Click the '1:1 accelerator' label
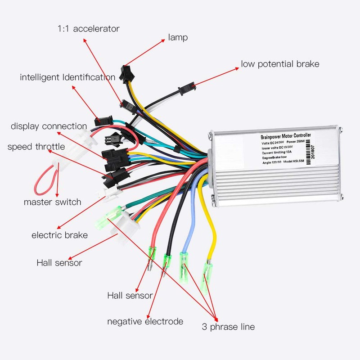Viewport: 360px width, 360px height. pyautogui.click(x=88, y=29)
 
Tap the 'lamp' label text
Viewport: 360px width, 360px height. pyautogui.click(x=178, y=37)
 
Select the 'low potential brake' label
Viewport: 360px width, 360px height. pyautogui.click(x=280, y=64)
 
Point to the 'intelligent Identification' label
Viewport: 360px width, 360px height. pyautogui.click(x=67, y=77)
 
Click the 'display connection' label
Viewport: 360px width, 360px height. pyautogui.click(x=49, y=126)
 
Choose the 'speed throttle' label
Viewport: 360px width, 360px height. pyautogui.click(x=36, y=147)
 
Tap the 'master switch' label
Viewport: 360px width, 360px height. pyautogui.click(x=52, y=202)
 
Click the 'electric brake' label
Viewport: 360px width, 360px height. pyautogui.click(x=59, y=235)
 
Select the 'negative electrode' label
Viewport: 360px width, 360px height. pyautogui.click(x=145, y=321)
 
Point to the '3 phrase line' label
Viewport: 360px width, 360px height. pyautogui.click(x=228, y=327)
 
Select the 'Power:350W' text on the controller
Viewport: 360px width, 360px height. pyautogui.click(x=305, y=142)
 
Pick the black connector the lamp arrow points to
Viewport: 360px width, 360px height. pyautogui.click(x=124, y=72)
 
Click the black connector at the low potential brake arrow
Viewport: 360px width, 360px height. pyautogui.click(x=186, y=88)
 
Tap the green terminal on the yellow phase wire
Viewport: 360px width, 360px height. pyautogui.click(x=208, y=272)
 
